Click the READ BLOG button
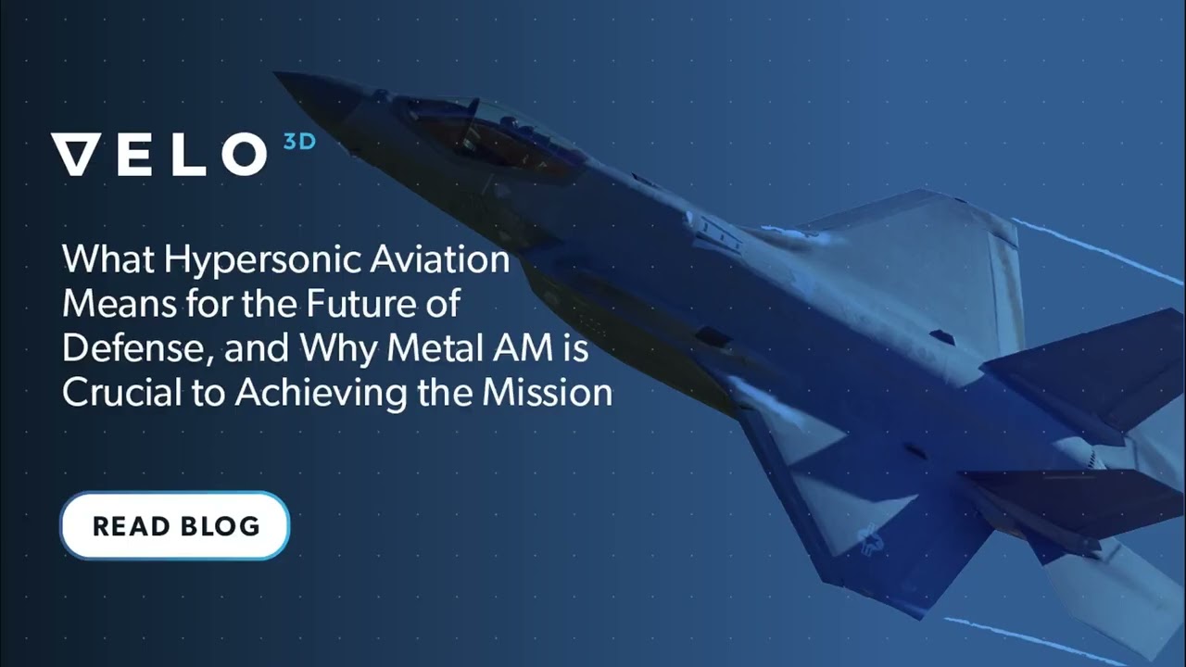[175, 525]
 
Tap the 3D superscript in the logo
[299, 142]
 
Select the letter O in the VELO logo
[244, 154]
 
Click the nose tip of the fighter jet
[275, 73]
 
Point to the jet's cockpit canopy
[492, 133]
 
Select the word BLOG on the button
[220, 526]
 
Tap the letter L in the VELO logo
[189, 154]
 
